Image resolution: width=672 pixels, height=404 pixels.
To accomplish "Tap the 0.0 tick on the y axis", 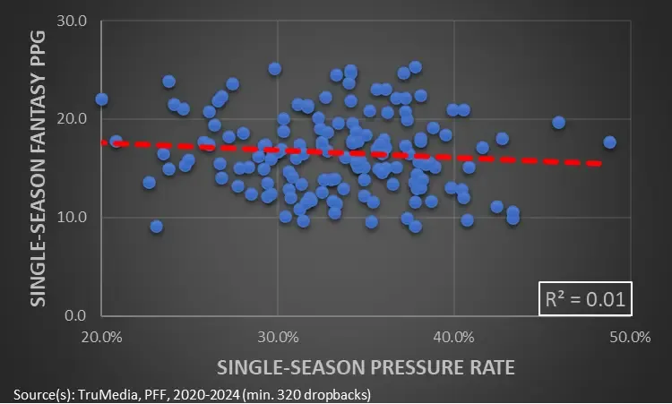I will (x=74, y=315).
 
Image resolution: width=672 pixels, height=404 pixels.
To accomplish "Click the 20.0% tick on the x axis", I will (x=101, y=337).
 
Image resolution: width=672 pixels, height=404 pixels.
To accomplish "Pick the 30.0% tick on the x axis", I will (x=278, y=337).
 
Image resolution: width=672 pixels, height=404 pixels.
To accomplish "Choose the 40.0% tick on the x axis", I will (x=454, y=337).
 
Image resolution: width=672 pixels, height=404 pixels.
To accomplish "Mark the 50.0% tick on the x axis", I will (x=630, y=337).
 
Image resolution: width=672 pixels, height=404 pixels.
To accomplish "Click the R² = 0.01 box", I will (x=584, y=299).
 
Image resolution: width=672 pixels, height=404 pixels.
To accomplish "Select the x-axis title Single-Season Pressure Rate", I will (x=366, y=366).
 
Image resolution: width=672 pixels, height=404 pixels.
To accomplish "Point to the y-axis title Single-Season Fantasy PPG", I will (x=39, y=168).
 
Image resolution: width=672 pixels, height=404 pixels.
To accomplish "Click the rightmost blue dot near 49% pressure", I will (x=610, y=142).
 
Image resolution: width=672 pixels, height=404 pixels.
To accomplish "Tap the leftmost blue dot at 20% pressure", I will (x=101, y=99).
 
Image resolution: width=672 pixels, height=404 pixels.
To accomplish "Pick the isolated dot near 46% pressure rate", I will (x=558, y=122).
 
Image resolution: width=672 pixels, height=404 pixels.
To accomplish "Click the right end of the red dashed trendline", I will (x=599, y=163).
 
